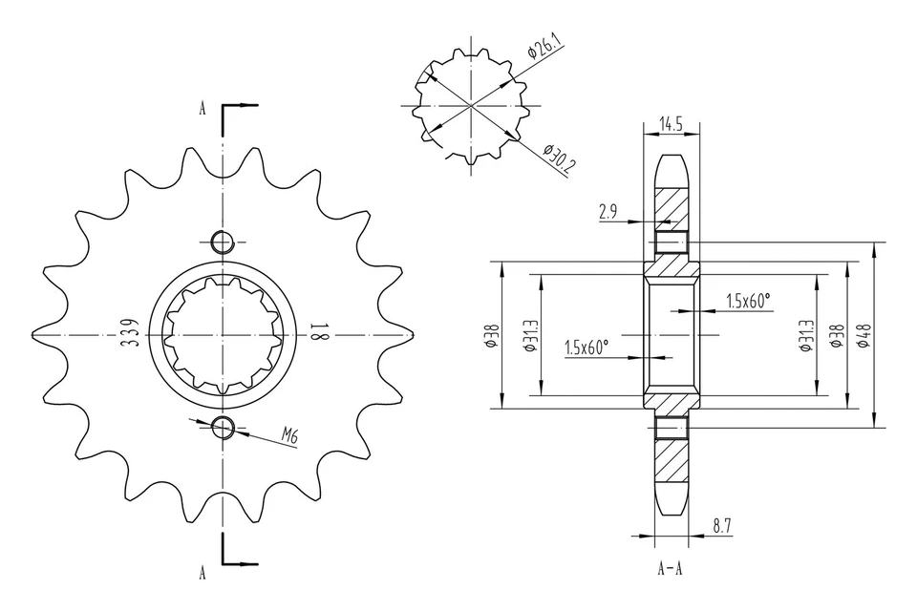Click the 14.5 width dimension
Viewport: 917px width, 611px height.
coord(671,124)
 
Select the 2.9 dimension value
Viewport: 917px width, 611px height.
coord(608,213)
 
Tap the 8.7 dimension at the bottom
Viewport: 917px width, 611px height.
coord(723,525)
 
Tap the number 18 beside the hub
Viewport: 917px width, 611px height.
coord(318,333)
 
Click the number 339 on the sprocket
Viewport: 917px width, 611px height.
coord(128,333)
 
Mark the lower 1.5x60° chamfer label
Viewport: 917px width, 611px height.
coord(586,348)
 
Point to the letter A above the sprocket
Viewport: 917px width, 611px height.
coord(203,108)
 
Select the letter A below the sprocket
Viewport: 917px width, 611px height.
coord(203,573)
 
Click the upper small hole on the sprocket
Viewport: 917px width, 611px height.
coord(223,241)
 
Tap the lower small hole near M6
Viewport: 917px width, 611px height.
coord(223,427)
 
